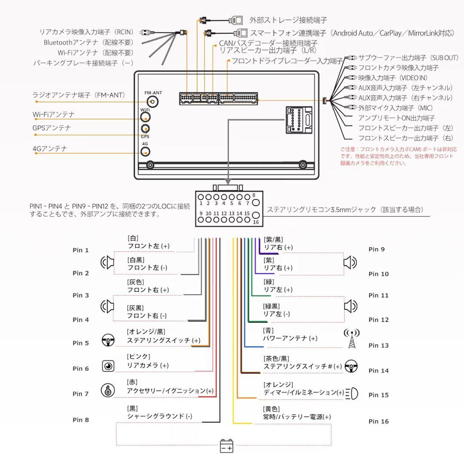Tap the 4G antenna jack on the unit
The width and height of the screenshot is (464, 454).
(146, 151)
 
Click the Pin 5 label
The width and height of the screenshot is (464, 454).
(81, 343)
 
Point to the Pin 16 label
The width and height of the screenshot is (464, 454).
(379, 421)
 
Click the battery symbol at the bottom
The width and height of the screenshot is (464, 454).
(226, 446)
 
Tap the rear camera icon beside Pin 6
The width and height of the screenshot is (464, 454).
(108, 366)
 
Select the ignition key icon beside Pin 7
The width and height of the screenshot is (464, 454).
(107, 390)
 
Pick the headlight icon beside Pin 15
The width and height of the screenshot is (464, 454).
(352, 393)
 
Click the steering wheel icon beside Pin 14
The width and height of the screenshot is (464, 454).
(351, 366)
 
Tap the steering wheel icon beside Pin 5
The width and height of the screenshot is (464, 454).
(108, 341)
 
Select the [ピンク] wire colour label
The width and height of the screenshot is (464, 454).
(138, 356)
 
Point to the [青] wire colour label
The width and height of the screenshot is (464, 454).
(268, 331)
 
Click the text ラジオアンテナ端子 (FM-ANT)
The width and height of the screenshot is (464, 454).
(78, 95)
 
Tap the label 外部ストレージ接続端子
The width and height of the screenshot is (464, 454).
(288, 20)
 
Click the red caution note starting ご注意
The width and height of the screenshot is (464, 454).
(399, 156)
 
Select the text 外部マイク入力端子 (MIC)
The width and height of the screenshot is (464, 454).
(396, 107)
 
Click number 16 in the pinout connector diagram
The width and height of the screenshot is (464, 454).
(255, 222)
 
